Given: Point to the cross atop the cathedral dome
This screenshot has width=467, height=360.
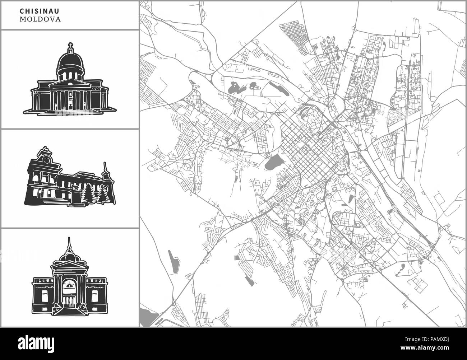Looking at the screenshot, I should (x=70, y=46).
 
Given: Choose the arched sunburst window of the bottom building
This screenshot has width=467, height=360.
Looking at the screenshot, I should (x=69, y=286).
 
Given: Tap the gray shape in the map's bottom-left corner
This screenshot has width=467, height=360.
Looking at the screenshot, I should (x=148, y=318).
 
